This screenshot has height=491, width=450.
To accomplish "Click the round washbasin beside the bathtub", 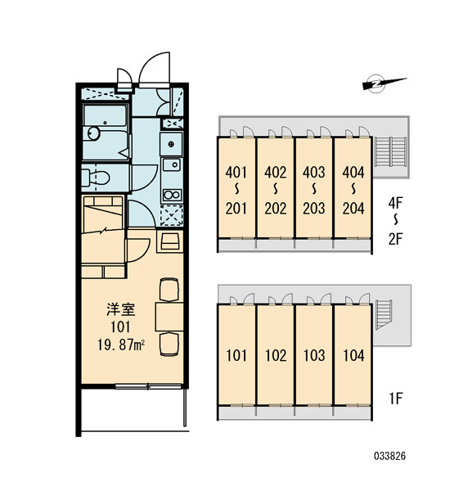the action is (93, 133).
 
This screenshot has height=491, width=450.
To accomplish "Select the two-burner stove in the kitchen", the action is (172, 195).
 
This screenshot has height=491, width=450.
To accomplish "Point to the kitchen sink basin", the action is (171, 164).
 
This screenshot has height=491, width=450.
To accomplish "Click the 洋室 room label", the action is (121, 309).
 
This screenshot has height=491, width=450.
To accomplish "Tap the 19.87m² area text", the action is (121, 345).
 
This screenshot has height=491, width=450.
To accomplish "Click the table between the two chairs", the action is (169, 316).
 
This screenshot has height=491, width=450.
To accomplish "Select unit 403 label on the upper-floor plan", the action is (314, 173).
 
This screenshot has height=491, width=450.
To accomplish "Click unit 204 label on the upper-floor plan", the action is (353, 209).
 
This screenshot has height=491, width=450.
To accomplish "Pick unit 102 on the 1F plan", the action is (276, 355).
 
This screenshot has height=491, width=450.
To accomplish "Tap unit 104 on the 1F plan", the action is (353, 355).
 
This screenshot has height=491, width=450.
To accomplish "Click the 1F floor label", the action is (395, 399).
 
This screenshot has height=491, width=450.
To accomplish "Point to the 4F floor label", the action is (395, 203).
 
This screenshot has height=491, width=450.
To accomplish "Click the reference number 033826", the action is (390, 456).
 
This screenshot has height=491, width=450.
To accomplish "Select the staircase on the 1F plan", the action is (384, 314).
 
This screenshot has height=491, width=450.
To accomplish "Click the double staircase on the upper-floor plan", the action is (390, 152).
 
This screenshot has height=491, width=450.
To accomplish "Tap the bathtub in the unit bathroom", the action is (105, 133).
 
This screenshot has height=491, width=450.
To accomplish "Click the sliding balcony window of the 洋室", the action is (148, 386).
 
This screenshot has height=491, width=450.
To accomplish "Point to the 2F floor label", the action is (395, 239).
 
